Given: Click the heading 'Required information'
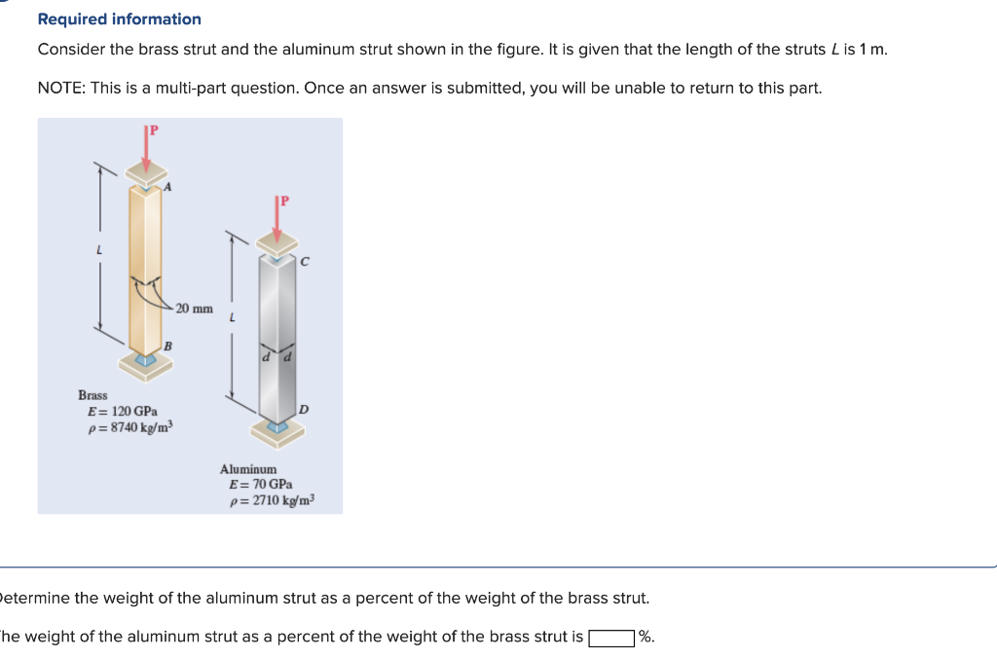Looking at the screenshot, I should pos(119,19).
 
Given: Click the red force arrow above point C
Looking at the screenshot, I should pos(277,222).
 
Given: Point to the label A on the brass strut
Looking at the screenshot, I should pos(168,188).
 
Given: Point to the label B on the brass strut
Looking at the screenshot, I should pos(167,346).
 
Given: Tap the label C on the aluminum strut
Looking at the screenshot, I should pos(304,261).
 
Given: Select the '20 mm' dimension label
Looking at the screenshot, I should pos(195,309).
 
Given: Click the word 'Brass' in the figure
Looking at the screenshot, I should pos(92,395).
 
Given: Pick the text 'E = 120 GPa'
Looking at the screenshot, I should pos(123,412).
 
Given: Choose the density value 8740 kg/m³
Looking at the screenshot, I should pos(129,428).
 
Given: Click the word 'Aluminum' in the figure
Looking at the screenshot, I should pos(248,469).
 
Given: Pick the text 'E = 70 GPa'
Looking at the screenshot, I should pos(260,485).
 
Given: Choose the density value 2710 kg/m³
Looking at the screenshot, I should pos(271,501).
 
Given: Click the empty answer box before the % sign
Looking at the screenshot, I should pos(611,639).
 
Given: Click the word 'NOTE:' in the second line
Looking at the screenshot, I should pos(61,89).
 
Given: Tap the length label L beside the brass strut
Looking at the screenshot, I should pos(98,250).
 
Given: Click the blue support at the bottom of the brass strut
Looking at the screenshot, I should pos(146,360).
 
